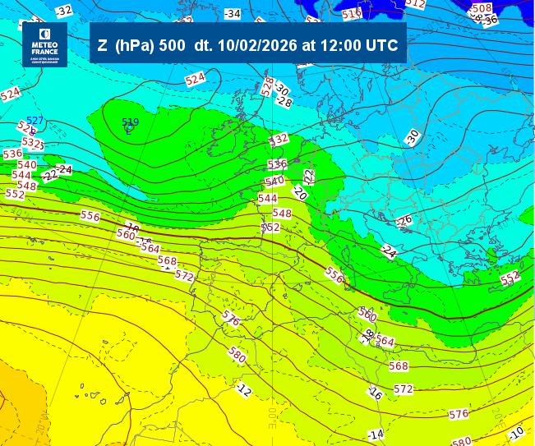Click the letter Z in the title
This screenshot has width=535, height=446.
tap(102, 46)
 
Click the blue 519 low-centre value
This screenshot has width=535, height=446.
tap(130, 122)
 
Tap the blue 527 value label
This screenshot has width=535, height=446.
tap(35, 121)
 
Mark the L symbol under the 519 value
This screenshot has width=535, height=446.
tap(128, 130)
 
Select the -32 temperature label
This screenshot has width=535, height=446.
tap(63, 11)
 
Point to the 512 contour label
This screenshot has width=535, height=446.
tap(416, 4)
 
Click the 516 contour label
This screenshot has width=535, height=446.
tap(352, 13)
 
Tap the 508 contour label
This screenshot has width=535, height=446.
tap(482, 9)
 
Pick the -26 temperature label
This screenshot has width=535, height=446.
tap(404, 221)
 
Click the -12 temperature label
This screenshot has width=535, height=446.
tap(243, 389)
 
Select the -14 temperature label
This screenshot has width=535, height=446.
tap(376, 434)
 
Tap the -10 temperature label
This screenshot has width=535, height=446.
tap(516, 432)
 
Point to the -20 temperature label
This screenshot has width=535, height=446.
tap(299, 194)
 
